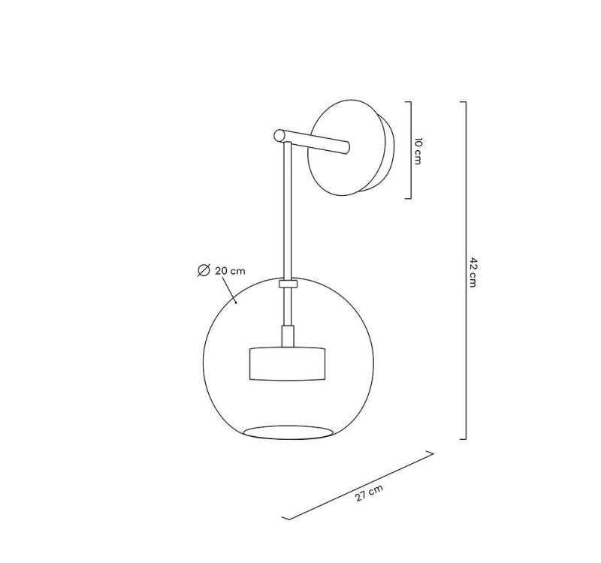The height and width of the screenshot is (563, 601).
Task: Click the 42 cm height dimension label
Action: (473, 272)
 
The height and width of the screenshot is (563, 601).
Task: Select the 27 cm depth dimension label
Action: (369, 493)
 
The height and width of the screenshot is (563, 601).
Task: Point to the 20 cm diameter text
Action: (230, 271)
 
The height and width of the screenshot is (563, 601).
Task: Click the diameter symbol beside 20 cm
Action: (204, 270)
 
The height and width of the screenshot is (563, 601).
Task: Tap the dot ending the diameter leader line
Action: (236, 303)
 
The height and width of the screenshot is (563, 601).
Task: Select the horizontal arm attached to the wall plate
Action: (312, 142)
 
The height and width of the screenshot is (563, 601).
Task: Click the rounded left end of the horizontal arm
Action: (279, 136)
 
